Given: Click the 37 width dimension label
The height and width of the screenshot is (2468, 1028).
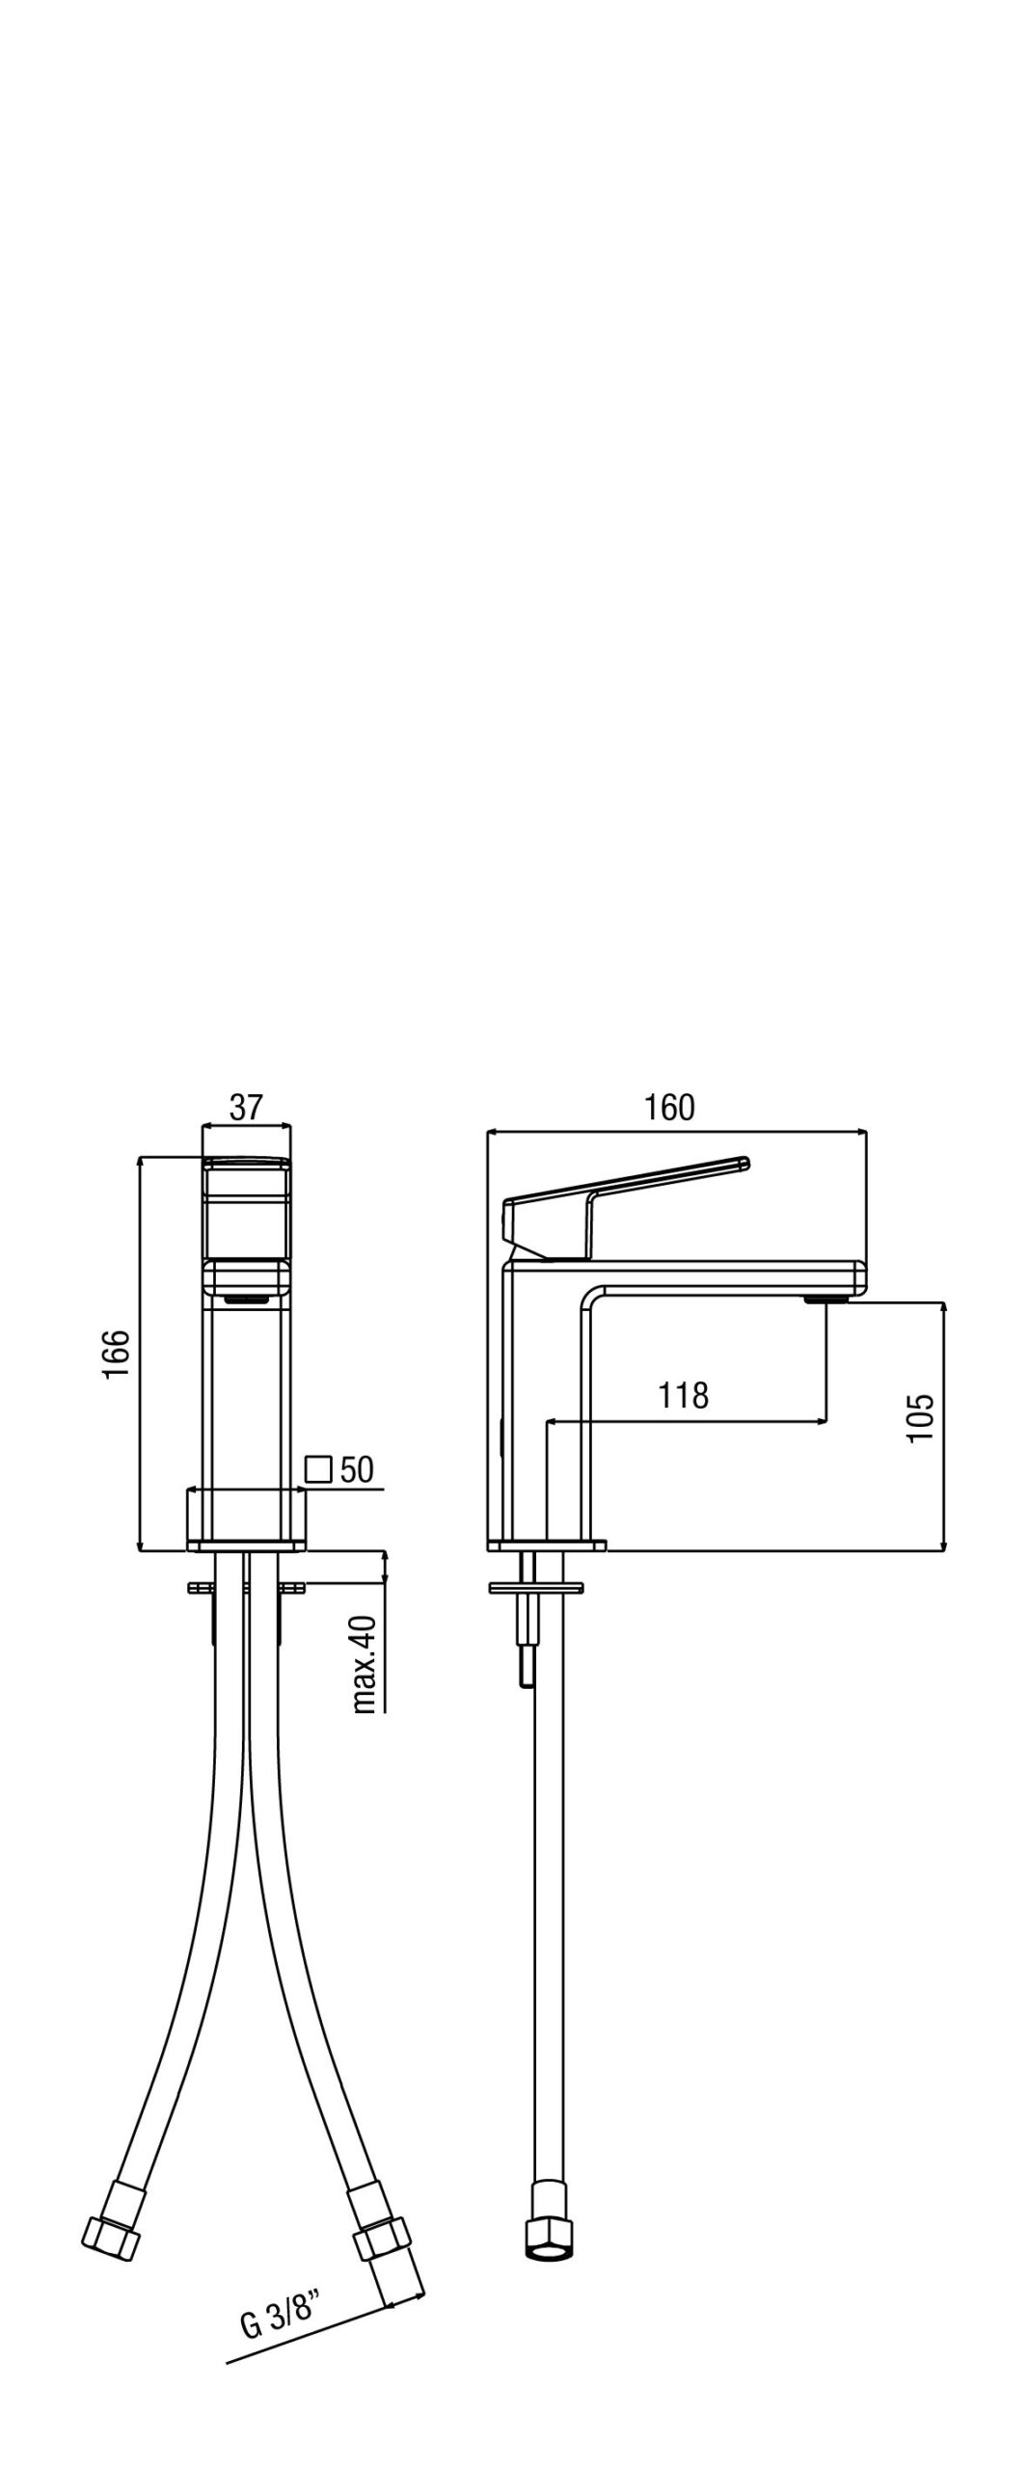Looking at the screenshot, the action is click(x=246, y=1107).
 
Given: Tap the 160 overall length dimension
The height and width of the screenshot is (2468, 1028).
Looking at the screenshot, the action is click(x=669, y=1108).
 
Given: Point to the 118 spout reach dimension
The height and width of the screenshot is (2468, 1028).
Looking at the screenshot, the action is click(x=684, y=1395).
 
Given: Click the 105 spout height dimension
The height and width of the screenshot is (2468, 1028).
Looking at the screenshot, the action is click(x=921, y=1417).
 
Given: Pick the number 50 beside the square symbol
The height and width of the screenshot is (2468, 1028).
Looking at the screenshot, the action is click(x=357, y=1469).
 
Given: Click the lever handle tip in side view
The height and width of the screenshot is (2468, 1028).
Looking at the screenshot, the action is click(x=744, y=1162).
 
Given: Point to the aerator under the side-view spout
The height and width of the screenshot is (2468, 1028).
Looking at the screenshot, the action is click(x=826, y=1299).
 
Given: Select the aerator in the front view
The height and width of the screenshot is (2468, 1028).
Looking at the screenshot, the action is click(x=246, y=1299).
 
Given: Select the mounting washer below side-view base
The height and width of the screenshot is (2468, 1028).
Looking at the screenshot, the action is click(x=539, y=1586).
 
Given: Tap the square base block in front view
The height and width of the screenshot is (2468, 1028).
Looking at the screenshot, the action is click(x=246, y=1518).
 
